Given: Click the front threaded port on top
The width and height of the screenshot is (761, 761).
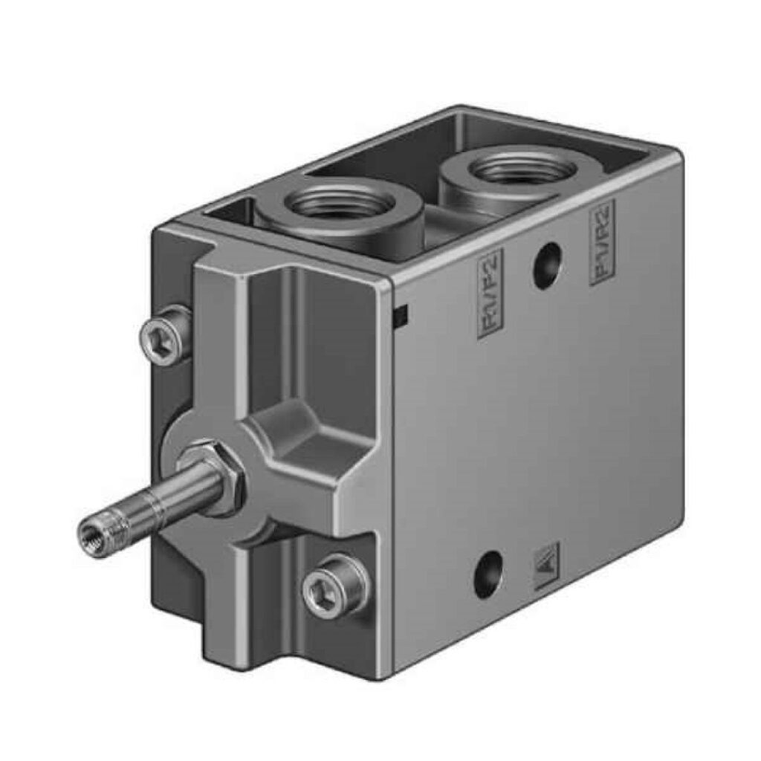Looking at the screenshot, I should (x=338, y=204).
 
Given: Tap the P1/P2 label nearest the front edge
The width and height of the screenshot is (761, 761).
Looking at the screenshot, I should (x=490, y=294).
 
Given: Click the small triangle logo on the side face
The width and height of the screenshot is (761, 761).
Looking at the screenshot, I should (x=548, y=558).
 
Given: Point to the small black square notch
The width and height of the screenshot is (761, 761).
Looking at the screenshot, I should (x=400, y=317).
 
